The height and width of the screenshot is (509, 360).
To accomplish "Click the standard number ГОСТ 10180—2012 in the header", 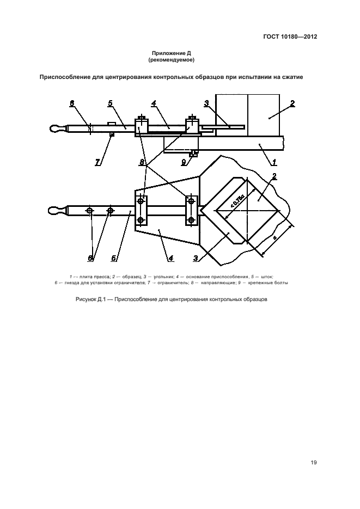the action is [x=290, y=36].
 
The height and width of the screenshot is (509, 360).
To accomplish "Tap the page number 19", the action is [x=313, y=462].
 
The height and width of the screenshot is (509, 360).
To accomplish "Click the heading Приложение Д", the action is [x=171, y=53].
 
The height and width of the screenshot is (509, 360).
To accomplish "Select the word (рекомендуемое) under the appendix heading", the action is [x=171, y=60].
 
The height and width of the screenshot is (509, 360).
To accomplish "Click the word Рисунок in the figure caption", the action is [x=86, y=299].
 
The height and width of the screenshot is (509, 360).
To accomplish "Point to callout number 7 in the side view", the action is [x=97, y=162].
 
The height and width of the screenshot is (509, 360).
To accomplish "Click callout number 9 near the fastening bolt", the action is [x=184, y=162].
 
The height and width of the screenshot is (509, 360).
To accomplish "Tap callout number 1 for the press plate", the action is [x=274, y=162].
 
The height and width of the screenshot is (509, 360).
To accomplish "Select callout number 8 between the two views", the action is [x=142, y=162].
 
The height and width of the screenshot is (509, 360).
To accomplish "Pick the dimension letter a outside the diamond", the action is [x=274, y=238].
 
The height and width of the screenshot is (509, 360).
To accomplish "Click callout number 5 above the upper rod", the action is [x=111, y=103].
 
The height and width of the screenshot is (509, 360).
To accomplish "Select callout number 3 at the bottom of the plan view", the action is [x=196, y=259].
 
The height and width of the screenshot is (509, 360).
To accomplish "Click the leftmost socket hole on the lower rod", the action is [x=89, y=211].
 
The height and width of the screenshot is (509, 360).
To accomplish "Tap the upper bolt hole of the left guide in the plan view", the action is [x=141, y=201].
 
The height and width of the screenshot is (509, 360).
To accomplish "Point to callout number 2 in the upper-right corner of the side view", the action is [x=292, y=103].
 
